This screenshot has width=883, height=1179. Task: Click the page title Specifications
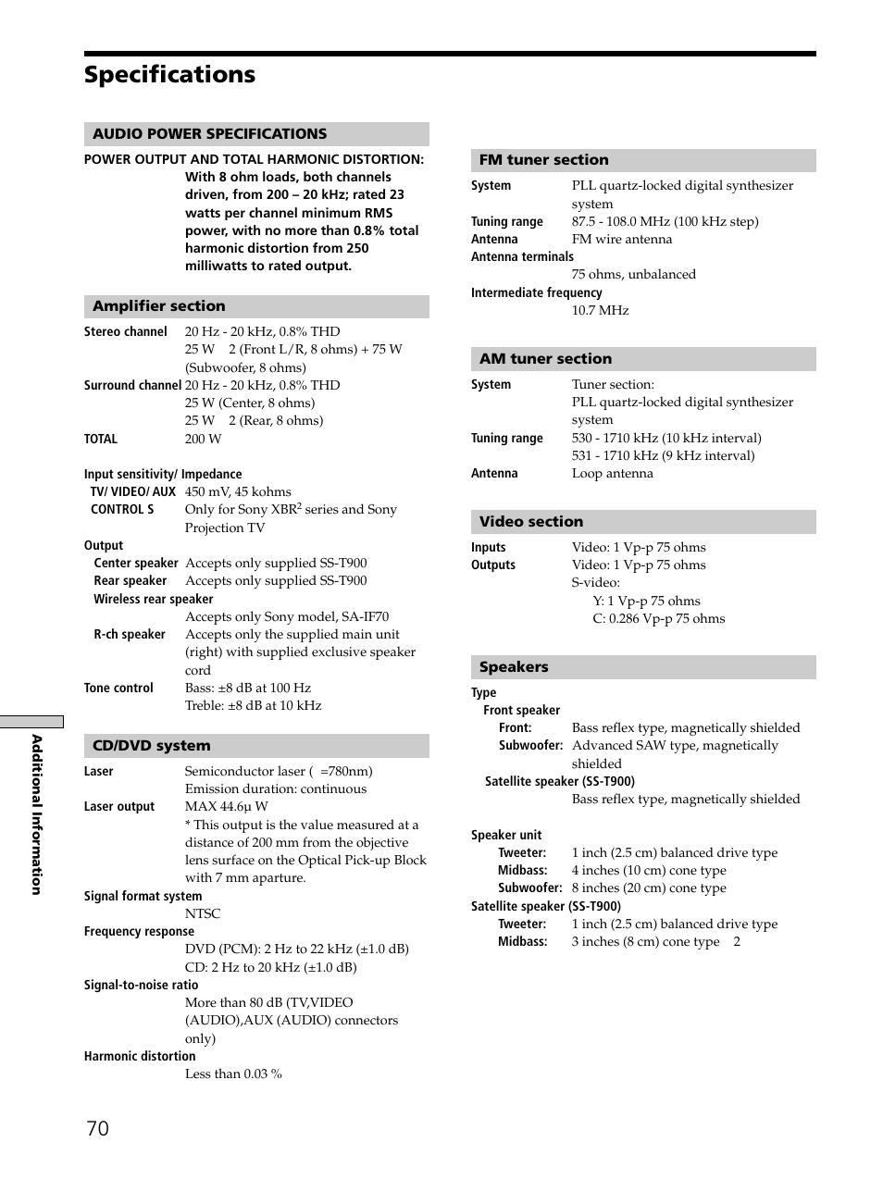169,75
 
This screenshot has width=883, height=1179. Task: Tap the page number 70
97,1128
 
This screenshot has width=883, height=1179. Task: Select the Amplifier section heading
159,306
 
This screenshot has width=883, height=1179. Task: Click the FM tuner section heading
544,160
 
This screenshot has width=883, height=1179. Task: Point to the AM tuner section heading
546,359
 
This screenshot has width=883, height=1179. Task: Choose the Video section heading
531,522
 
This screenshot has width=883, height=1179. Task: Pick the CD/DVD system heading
152,746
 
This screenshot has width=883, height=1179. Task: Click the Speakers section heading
514,667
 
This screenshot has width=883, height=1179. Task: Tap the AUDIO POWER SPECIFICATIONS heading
210,134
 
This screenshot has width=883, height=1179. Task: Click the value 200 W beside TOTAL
203,439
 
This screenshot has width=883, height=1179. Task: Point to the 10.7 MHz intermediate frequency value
600,310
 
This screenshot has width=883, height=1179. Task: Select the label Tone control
118,688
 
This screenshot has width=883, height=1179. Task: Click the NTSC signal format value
203,913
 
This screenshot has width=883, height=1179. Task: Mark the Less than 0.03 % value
233,1074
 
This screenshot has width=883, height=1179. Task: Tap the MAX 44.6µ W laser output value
226,806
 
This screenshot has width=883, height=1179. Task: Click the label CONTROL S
122,509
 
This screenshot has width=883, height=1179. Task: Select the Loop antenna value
612,473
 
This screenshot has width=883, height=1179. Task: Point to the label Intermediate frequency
537,292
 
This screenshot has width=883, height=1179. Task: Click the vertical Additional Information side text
37,814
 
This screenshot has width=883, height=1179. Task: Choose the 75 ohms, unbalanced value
633,274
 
